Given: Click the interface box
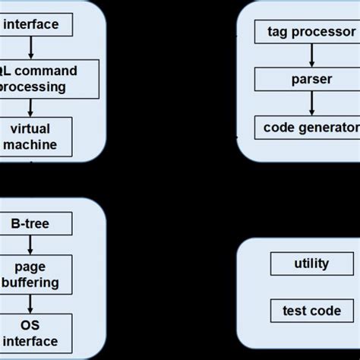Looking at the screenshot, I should coord(30,25).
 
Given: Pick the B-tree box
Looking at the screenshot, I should coord(31,224).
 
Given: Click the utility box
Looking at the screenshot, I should coord(311,264).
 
